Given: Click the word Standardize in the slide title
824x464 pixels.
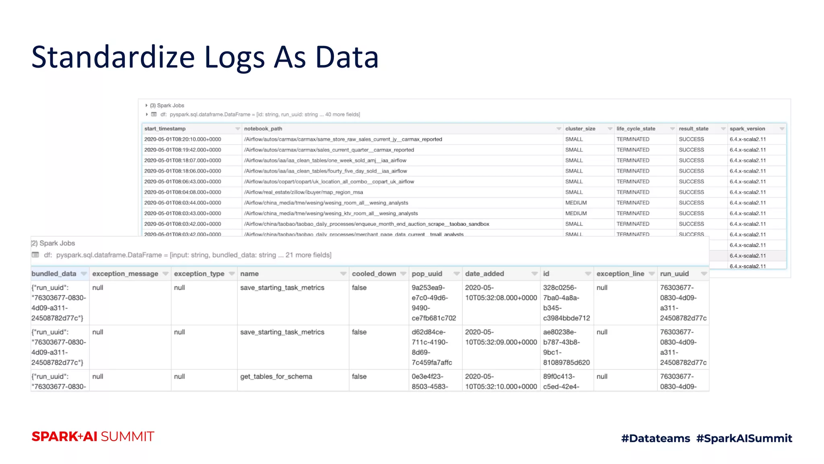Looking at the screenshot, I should [113, 57].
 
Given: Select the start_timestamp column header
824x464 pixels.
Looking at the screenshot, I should [165, 128].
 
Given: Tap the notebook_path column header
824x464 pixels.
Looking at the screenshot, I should [263, 128].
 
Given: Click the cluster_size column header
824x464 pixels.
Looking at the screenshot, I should [580, 128].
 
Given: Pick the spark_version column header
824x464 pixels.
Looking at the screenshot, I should [747, 128].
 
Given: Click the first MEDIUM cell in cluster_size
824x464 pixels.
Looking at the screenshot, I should [576, 203].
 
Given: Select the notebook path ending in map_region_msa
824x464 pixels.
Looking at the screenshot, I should [303, 192].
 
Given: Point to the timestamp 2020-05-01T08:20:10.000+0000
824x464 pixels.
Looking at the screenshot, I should [183, 139].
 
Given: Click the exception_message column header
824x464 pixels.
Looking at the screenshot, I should [125, 273].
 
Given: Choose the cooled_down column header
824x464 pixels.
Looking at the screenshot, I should [374, 273].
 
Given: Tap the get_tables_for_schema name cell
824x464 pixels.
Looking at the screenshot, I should [276, 376].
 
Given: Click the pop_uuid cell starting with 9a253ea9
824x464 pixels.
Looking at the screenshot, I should [433, 302].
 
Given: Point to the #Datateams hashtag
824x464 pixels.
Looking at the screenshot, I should [655, 438].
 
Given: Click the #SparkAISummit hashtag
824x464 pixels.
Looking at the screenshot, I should [744, 438].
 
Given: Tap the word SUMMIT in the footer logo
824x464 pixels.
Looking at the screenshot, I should [128, 437].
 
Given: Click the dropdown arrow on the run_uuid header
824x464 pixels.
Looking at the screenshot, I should [704, 274].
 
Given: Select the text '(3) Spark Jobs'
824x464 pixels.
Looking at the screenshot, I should [167, 106].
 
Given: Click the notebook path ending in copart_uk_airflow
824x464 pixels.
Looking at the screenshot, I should [329, 182].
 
